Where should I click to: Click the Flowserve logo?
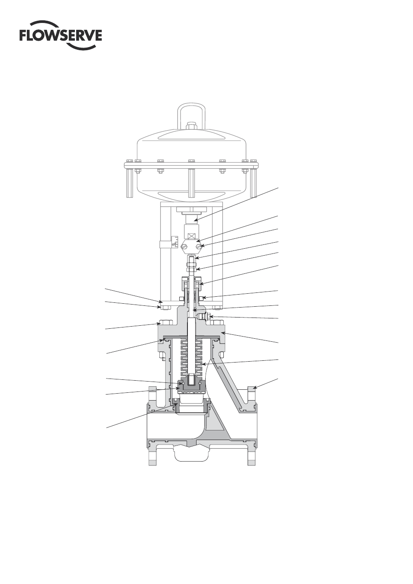61,35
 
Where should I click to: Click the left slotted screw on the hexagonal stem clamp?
184,245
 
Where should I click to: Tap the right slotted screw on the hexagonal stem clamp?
200,245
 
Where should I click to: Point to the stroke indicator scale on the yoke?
174,242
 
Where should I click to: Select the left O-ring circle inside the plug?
182,384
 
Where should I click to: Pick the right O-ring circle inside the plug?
200,384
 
